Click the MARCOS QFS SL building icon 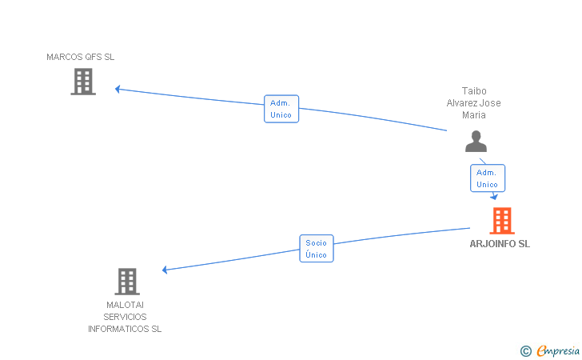pyautogui.click(x=83, y=81)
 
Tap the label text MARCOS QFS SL pyautogui.click(x=81, y=57)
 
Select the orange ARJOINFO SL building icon pyautogui.click(x=502, y=221)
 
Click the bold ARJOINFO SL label pyautogui.click(x=500, y=244)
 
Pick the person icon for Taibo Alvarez pyautogui.click(x=476, y=142)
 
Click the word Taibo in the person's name pyautogui.click(x=473, y=91)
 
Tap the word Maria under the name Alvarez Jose pyautogui.click(x=473, y=114)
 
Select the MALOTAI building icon pyautogui.click(x=127, y=282)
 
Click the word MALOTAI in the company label pyautogui.click(x=125, y=305)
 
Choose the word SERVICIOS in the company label pyautogui.click(x=125, y=317)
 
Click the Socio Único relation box pyautogui.click(x=317, y=248)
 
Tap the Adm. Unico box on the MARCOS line pyautogui.click(x=281, y=109)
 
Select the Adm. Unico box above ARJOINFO pyautogui.click(x=487, y=178)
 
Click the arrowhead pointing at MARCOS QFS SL pyautogui.click(x=118, y=89)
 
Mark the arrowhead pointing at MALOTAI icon pyautogui.click(x=165, y=270)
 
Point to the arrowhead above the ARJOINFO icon pyautogui.click(x=495, y=196)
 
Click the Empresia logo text pyautogui.click(x=557, y=350)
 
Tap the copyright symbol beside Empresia pyautogui.click(x=526, y=350)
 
